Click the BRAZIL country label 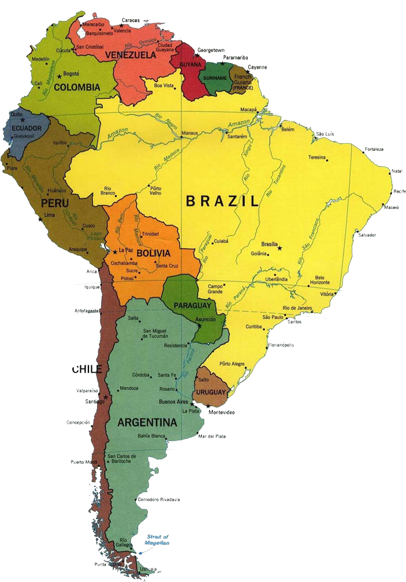(222, 202)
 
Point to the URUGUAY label (211, 393)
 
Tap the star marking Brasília (280, 248)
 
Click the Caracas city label (130, 20)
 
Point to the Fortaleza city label (374, 150)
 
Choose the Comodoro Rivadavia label (159, 499)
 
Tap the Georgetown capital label (211, 51)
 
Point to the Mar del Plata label (212, 436)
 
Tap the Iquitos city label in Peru (60, 142)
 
